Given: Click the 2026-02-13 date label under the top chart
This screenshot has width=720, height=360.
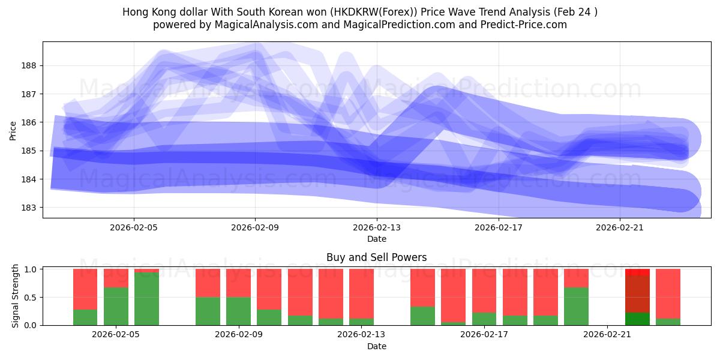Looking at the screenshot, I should pos(377,227).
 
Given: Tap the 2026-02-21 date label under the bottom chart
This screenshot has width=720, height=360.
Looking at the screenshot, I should pos(607,335).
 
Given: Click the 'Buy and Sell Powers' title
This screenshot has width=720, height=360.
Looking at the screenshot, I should pos(376,257).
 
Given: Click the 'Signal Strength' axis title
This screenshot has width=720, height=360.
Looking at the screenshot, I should pos(16,296).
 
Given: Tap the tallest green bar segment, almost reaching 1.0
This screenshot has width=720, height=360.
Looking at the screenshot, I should pos(146,299).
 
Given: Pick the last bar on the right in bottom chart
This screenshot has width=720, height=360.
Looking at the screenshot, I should pos(668,297).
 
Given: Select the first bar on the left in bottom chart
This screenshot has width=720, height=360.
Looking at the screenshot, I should pos(85,297).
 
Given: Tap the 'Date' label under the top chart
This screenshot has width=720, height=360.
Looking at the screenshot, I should pos(376,239).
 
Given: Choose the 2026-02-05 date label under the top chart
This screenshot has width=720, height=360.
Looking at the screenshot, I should pos(133,227).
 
